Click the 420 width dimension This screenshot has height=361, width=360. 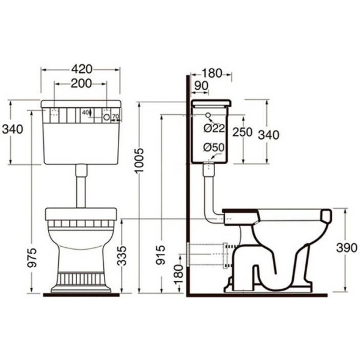tap(82, 69)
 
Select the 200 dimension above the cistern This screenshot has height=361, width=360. tap(81, 84)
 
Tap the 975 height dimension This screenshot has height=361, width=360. tap(32, 258)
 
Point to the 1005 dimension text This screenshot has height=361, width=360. tap(139, 160)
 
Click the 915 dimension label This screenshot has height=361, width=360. tap(160, 255)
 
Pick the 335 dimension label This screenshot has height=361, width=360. tap(122, 256)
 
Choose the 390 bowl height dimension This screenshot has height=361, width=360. tap(347, 248)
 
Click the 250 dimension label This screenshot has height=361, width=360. tap(242, 132)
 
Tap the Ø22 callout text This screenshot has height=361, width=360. tap(214, 128)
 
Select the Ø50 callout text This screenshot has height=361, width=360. tap(214, 147)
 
